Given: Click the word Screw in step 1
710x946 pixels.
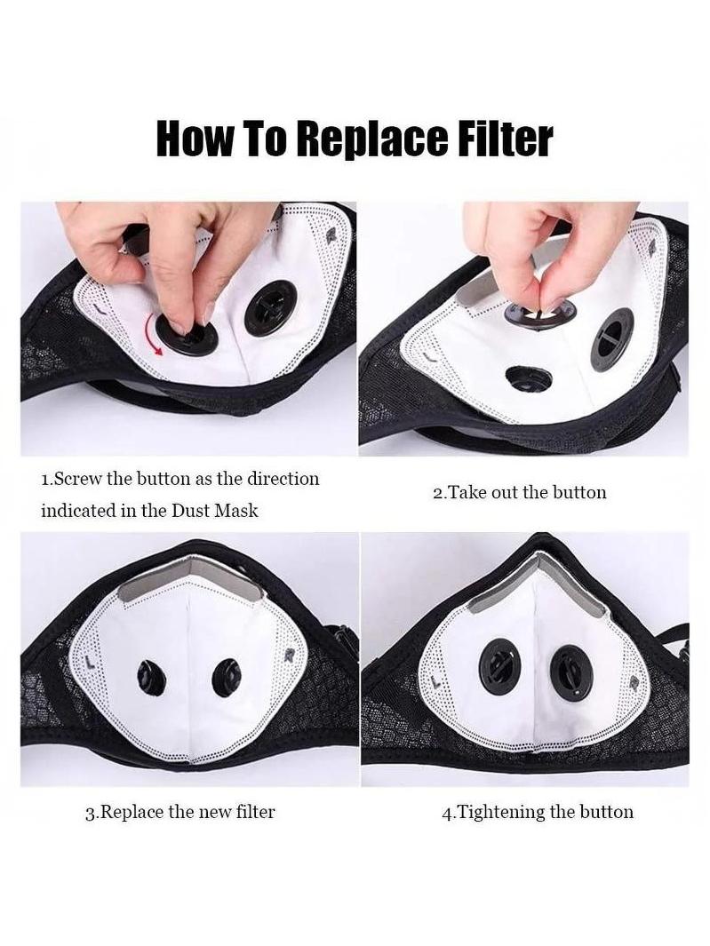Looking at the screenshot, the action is [x=77, y=479].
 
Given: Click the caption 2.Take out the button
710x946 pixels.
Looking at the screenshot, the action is [x=520, y=492].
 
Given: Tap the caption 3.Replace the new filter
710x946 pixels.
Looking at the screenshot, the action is [x=179, y=812].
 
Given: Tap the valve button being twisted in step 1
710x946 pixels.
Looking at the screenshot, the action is [x=183, y=334].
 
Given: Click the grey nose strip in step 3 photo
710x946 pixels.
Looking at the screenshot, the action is [x=191, y=576].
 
